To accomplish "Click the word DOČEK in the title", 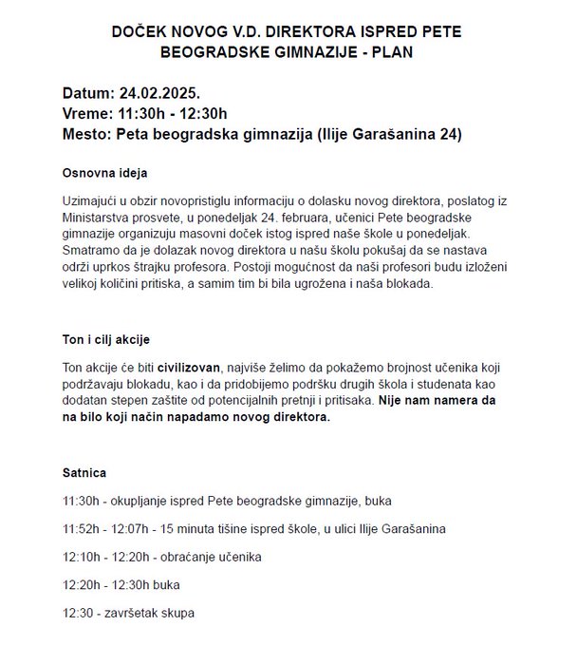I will [x=136, y=31].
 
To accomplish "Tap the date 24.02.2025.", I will [x=158, y=93].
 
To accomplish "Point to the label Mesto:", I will [x=85, y=134].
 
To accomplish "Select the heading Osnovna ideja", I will [x=104, y=175].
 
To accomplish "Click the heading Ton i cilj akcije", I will [x=105, y=339].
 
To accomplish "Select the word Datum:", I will [x=88, y=93].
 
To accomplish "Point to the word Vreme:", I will [x=88, y=114].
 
